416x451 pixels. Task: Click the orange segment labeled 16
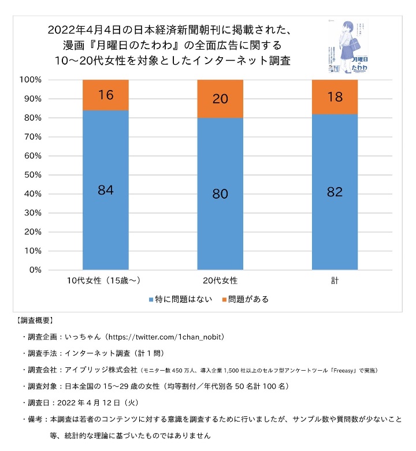pyautogui.click(x=105, y=95)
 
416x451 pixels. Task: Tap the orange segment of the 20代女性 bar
pyautogui.click(x=220, y=99)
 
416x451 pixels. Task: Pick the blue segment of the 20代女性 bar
pyautogui.click(x=220, y=194)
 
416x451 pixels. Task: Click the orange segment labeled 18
pyautogui.click(x=335, y=97)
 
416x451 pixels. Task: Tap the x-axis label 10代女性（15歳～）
pyautogui.click(x=105, y=281)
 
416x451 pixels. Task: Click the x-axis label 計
pyautogui.click(x=335, y=281)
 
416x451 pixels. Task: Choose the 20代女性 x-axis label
pyautogui.click(x=220, y=281)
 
